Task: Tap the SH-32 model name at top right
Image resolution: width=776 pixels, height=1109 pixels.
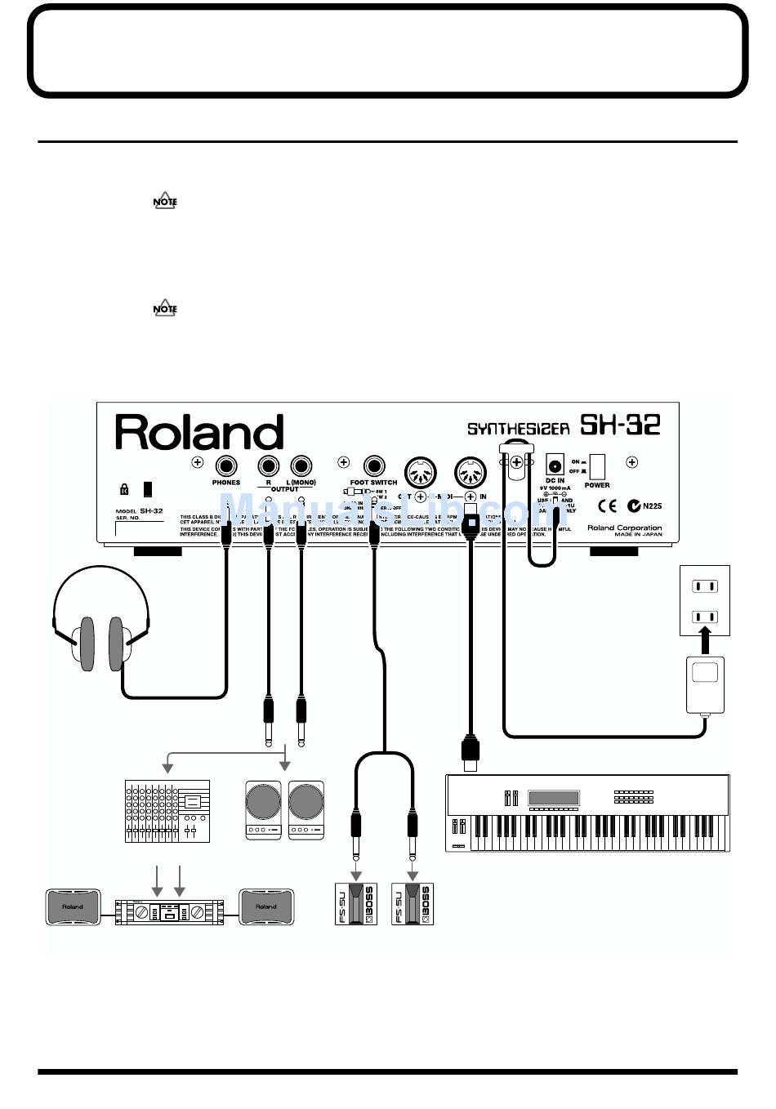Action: click(x=619, y=425)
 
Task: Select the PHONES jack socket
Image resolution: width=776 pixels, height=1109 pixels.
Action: click(x=225, y=466)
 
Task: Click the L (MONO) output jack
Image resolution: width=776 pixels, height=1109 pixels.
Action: click(x=301, y=466)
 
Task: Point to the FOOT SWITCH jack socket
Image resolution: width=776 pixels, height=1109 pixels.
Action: click(x=374, y=466)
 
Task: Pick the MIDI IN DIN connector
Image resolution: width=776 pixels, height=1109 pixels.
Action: click(x=471, y=471)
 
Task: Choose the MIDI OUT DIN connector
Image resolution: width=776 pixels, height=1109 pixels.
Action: click(x=421, y=471)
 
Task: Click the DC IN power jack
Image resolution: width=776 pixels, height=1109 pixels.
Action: click(x=555, y=465)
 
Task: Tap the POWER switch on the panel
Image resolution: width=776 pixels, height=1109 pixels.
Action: click(x=597, y=467)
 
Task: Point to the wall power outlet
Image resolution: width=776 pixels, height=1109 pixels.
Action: click(x=705, y=600)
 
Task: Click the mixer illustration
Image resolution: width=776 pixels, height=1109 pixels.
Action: click(x=167, y=811)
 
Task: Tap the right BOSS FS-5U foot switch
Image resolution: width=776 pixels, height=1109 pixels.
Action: click(x=413, y=904)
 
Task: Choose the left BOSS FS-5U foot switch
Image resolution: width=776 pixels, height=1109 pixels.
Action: click(x=355, y=904)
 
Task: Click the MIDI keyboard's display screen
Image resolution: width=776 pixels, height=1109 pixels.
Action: click(x=554, y=798)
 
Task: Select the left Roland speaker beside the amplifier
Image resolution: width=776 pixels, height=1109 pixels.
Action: click(x=73, y=907)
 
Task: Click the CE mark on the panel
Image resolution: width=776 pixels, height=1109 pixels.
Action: click(x=607, y=506)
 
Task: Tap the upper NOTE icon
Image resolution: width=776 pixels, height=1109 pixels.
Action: click(x=165, y=202)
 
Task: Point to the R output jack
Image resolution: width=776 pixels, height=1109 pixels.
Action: click(x=268, y=466)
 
